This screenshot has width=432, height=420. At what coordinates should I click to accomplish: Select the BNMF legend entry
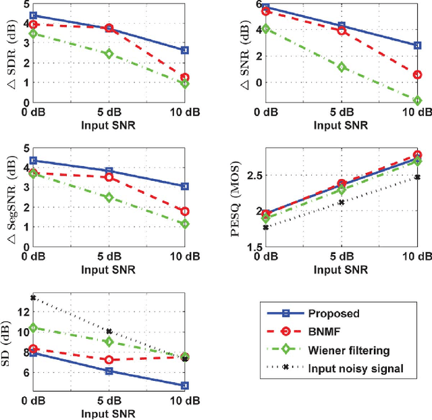point(325,332)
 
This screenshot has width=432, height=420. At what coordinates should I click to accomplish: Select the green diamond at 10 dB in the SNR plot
point(418,101)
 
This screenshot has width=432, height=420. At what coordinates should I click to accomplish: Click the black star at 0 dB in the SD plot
point(31,297)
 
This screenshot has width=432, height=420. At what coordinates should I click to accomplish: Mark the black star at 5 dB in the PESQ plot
point(342,202)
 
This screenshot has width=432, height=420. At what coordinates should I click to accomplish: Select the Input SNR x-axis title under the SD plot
point(108,413)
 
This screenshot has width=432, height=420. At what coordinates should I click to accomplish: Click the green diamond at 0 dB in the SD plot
point(31,327)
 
